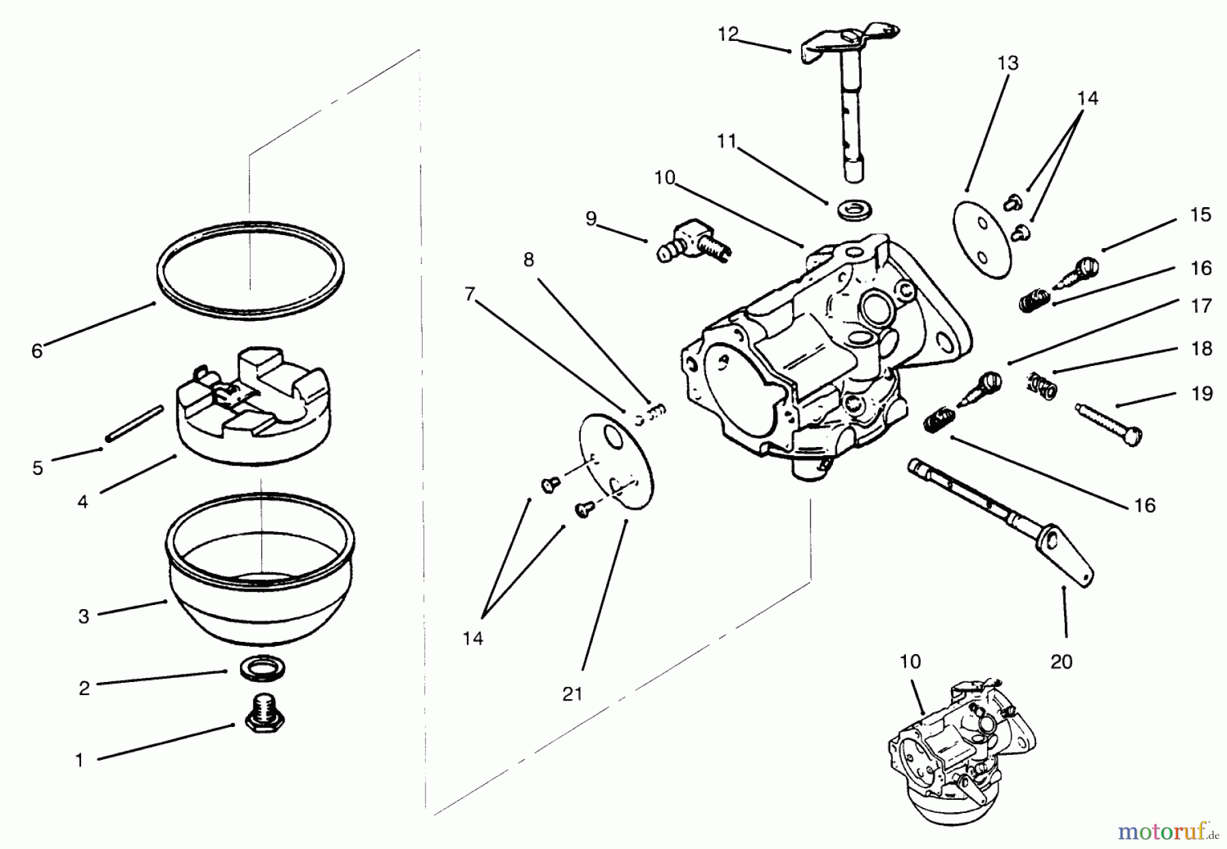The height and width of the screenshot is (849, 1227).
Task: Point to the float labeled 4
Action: click(254, 405)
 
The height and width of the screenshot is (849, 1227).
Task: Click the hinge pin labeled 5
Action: click(134, 424)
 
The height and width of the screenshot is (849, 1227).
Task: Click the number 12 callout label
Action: click(728, 33)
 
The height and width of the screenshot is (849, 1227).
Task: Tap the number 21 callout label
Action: click(573, 694)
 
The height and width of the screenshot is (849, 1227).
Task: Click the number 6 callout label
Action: click(37, 351)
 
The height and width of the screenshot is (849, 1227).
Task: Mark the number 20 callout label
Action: click(1061, 661)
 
